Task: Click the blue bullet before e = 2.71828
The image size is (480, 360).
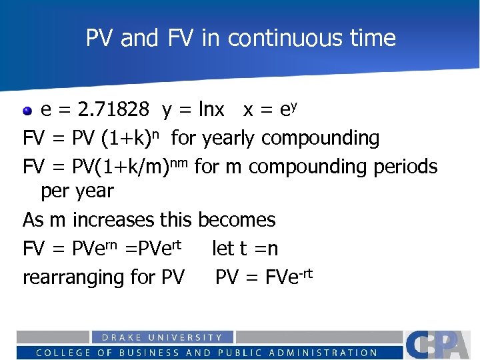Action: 28,109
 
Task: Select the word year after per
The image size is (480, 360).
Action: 95,192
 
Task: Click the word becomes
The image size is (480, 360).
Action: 237,219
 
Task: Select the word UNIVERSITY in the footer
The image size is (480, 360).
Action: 187,338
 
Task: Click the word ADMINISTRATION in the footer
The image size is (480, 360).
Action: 321,353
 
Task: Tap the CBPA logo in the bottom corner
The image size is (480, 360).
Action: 440,345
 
